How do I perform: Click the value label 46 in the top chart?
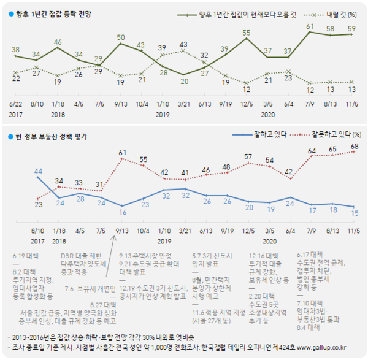(58, 42)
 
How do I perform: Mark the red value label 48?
(226, 167)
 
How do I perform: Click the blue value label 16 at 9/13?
(121, 212)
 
